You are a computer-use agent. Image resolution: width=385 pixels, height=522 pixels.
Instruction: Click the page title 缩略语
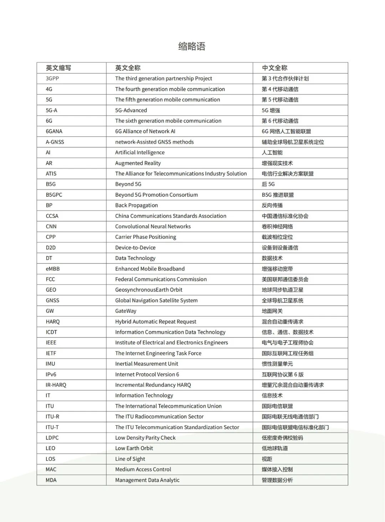pyautogui.click(x=192, y=46)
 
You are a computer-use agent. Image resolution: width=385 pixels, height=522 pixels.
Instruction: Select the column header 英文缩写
pyautogui.click(x=58, y=68)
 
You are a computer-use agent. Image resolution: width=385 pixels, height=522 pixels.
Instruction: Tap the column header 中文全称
pyautogui.click(x=274, y=68)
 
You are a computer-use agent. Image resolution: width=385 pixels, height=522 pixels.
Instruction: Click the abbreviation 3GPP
pyautogui.click(x=52, y=78)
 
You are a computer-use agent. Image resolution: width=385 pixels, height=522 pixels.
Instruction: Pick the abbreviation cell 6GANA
pyautogui.click(x=54, y=131)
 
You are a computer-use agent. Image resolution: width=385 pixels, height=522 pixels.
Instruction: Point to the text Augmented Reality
pyautogui.click(x=138, y=163)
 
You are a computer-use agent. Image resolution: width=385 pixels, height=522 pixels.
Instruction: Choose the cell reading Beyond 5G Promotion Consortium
pyautogui.click(x=156, y=195)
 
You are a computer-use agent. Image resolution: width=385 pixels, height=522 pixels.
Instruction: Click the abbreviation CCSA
pyautogui.click(x=52, y=216)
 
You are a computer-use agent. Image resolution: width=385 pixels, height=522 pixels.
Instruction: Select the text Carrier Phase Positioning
pyautogui.click(x=145, y=237)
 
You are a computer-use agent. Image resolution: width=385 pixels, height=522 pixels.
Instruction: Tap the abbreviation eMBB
pyautogui.click(x=53, y=269)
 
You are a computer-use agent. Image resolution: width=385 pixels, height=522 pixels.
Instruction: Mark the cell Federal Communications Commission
pyautogui.click(x=161, y=279)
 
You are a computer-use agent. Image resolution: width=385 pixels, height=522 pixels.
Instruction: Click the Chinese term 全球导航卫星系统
pyautogui.click(x=282, y=300)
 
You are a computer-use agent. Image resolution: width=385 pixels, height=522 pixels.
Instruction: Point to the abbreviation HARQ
pyautogui.click(x=53, y=321)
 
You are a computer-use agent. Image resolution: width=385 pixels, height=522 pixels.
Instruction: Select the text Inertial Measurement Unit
pyautogui.click(x=147, y=364)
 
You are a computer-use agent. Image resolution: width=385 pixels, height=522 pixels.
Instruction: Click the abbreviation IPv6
pyautogui.click(x=51, y=374)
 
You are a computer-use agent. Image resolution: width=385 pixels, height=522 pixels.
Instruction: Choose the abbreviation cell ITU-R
pyautogui.click(x=52, y=417)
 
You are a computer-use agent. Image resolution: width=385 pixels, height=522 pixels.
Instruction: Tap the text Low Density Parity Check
pyautogui.click(x=145, y=438)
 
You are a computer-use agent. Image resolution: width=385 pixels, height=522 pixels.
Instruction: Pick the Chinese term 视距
pyautogui.click(x=267, y=459)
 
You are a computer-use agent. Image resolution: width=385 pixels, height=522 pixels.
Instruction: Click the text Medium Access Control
pyautogui.click(x=143, y=469)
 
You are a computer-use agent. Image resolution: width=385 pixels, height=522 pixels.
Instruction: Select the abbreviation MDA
pyautogui.click(x=51, y=480)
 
